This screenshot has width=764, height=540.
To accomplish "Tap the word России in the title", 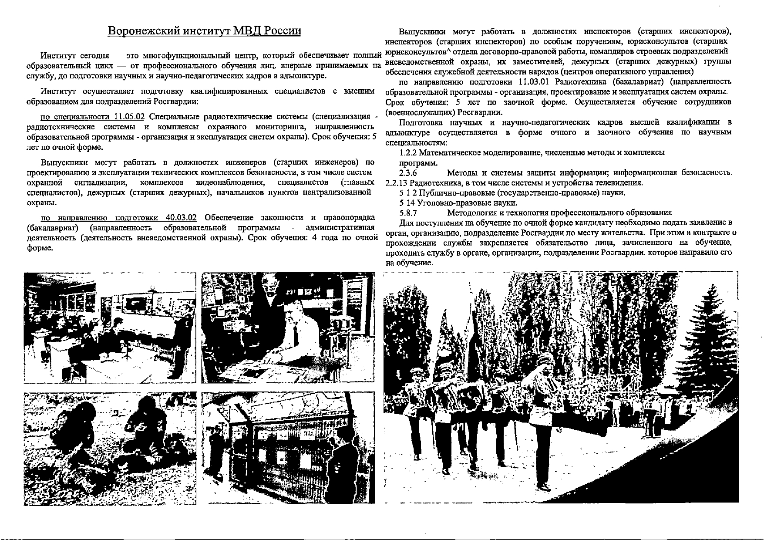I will click(x=283, y=31).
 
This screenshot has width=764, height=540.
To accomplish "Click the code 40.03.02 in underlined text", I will click(x=182, y=218).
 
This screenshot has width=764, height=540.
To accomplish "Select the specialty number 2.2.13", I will click(x=397, y=183).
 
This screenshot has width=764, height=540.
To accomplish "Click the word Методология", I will click(x=472, y=213).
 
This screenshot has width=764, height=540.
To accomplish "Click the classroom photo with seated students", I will click(x=110, y=327).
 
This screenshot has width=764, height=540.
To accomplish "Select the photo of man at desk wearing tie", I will click(x=288, y=327).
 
